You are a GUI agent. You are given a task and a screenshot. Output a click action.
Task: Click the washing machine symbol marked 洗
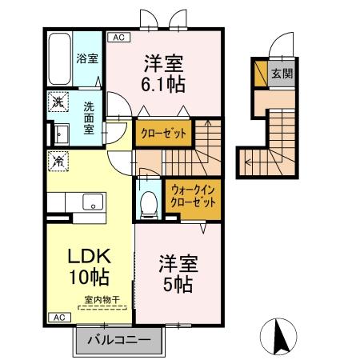click(58, 102)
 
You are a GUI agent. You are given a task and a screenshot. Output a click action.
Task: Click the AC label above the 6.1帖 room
click(117, 38)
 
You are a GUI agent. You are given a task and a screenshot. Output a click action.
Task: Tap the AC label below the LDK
click(58, 318)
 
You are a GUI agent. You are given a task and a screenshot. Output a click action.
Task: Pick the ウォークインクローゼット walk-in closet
click(192, 195)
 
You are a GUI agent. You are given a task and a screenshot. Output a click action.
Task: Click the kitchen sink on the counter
click(90, 201)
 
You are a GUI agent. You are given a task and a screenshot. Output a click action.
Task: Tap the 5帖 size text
click(178, 285)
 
